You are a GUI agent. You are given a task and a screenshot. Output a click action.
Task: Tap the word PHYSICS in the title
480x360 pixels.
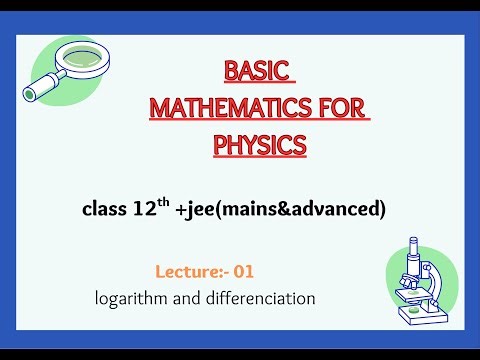(x=259, y=145)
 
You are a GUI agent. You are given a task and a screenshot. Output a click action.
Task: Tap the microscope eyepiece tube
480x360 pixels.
(x=414, y=250)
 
